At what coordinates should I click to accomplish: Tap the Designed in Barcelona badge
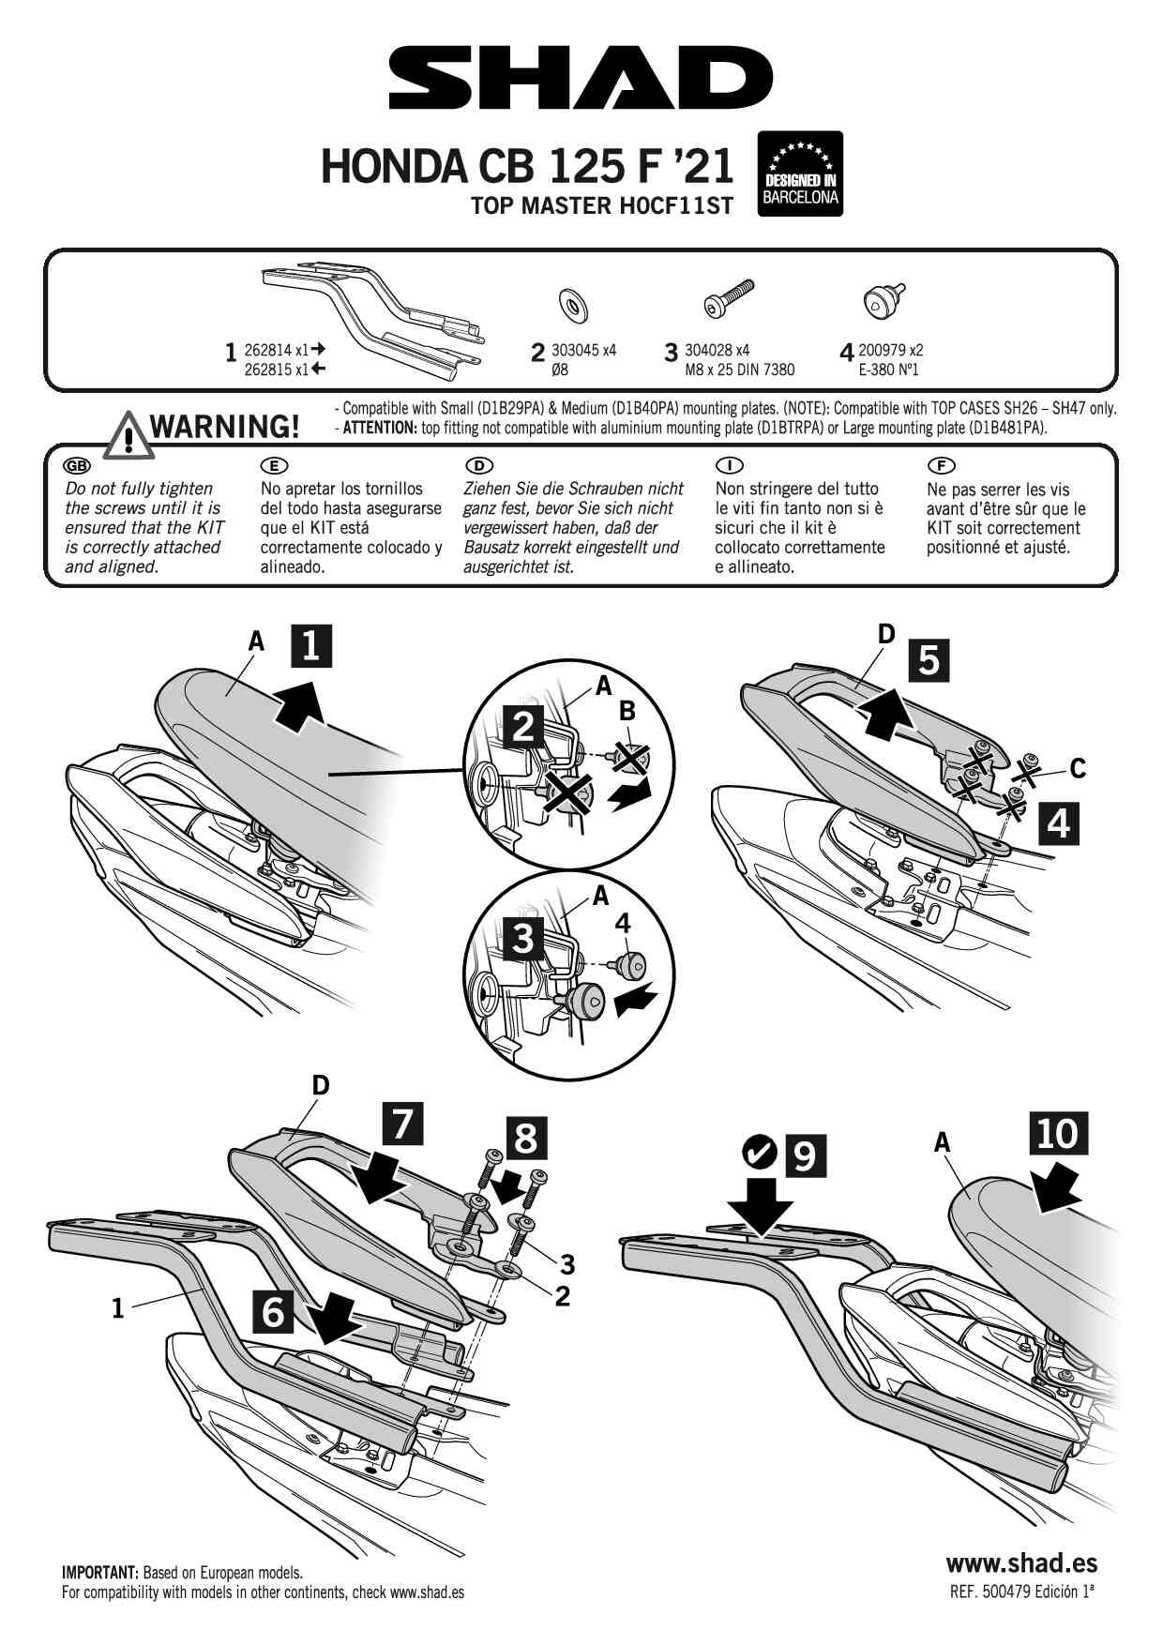[x=800, y=174]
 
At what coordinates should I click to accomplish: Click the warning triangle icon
[x=128, y=434]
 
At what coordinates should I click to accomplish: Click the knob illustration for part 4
[x=884, y=299]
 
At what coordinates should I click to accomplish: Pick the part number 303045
[x=573, y=350]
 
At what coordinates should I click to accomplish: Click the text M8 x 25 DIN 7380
[x=739, y=370]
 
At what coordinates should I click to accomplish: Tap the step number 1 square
[x=311, y=645]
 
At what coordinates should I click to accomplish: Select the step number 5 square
[x=929, y=660]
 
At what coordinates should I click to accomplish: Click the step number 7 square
[x=402, y=1124]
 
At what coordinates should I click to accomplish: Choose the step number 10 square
[x=1058, y=1133]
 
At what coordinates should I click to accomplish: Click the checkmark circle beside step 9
[x=758, y=1152]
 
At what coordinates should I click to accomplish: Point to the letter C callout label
[x=1078, y=769]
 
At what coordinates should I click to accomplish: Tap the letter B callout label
[x=627, y=712]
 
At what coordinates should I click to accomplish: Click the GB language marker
[x=76, y=466]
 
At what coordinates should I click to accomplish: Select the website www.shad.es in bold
[x=1021, y=1562]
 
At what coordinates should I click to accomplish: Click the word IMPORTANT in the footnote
[x=100, y=1573]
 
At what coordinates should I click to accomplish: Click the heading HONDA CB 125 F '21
[x=527, y=166]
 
